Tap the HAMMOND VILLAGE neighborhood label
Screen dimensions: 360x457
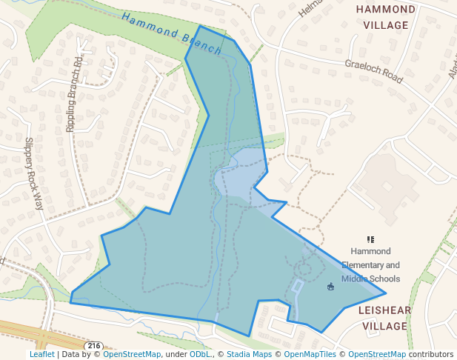tap(385, 17)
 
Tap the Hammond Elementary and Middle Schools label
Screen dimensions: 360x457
tap(370, 265)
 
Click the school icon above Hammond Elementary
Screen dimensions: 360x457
tap(370, 239)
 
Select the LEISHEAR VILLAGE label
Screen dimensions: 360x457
tap(384, 318)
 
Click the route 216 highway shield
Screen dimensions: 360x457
tap(93, 346)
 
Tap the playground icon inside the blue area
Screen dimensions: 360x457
tap(330, 287)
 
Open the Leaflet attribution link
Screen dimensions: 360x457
tap(41, 355)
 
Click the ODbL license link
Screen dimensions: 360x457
tap(200, 355)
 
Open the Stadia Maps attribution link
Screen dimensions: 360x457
tap(248, 355)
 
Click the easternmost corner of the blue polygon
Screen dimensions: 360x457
tap(386, 293)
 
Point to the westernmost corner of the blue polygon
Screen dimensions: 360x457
tap(70, 301)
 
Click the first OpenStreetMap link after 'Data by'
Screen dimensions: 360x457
tap(132, 355)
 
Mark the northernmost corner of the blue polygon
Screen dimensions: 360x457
tap(199, 26)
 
